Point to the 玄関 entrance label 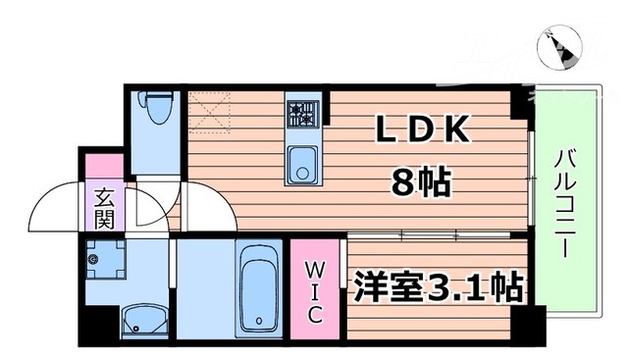(x=104, y=207)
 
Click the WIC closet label (x=314, y=290)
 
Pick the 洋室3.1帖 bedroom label (x=436, y=288)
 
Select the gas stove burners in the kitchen (x=303, y=115)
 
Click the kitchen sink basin (x=302, y=164)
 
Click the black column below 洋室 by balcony (x=533, y=323)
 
